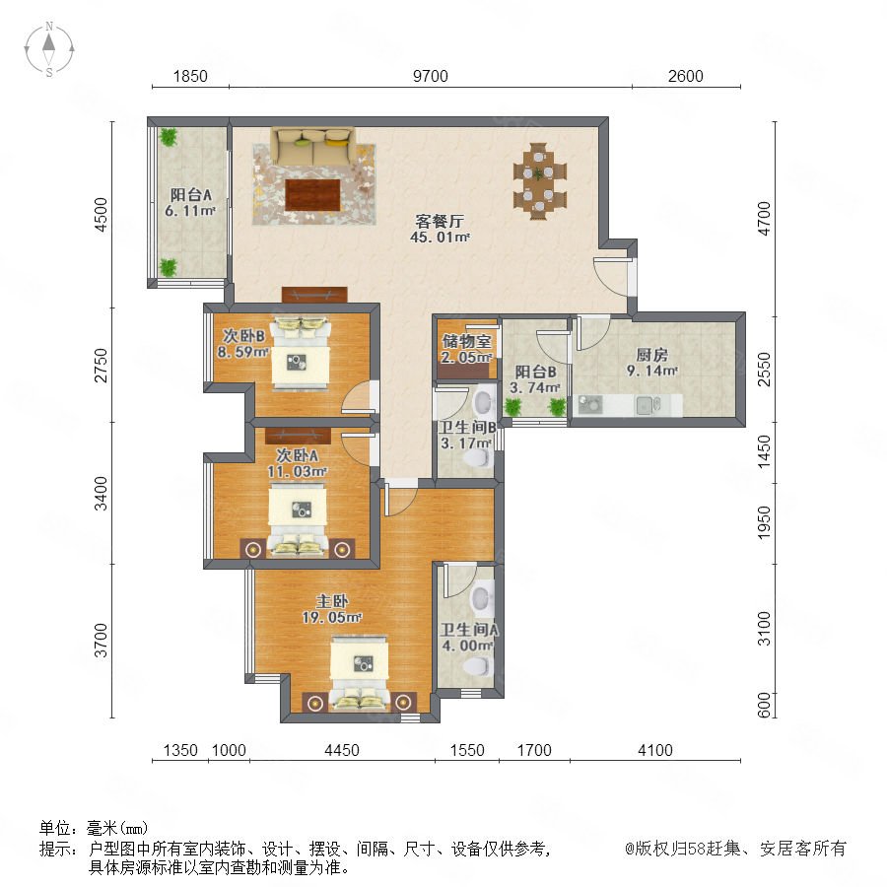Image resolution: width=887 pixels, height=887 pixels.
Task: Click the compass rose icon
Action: point(49,49)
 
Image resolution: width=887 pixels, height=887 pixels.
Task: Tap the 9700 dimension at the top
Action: point(430,76)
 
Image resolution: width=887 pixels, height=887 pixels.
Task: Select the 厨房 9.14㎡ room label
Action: point(651,363)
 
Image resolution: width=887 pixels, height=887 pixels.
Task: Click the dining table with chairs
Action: point(539,181)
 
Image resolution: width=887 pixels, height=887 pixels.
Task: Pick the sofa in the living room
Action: point(312,146)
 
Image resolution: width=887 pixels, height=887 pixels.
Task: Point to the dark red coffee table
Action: point(313,194)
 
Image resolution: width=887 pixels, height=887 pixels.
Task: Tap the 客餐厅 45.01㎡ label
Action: point(440,229)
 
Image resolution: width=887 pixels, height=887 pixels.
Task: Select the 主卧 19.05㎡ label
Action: point(331,609)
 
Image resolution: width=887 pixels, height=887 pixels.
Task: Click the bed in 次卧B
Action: point(300,354)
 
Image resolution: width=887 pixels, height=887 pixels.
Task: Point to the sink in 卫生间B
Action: point(484,403)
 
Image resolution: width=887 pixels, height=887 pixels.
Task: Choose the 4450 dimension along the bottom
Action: point(342,750)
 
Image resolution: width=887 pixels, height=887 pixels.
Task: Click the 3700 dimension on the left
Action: point(101,640)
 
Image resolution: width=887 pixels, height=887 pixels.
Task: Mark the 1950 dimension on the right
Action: point(764,522)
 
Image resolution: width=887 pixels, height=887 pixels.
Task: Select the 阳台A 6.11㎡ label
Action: point(190,202)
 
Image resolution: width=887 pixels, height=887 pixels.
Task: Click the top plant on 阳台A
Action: point(168,137)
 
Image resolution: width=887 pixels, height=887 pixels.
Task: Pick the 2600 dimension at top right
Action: point(685,76)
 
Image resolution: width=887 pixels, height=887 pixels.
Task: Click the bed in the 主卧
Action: point(360,673)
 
